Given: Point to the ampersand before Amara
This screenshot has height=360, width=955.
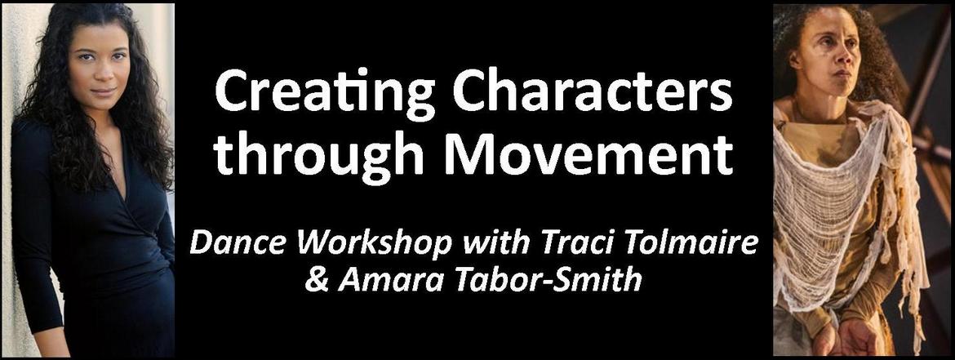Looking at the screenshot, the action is pos(317,281).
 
